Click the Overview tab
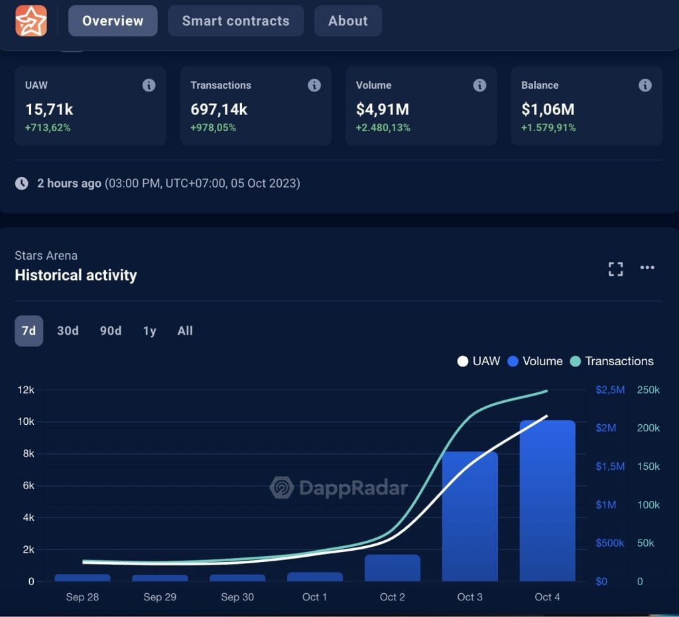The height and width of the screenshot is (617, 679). (x=113, y=21)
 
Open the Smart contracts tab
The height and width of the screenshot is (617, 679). (x=235, y=21)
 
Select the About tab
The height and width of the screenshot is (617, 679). (x=347, y=21)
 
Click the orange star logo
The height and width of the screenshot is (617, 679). (x=31, y=21)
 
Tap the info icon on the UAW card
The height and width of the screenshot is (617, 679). (x=149, y=85)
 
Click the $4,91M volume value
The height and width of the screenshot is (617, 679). (x=382, y=109)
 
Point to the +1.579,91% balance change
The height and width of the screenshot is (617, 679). (x=548, y=127)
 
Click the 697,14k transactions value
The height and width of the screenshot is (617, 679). (x=219, y=109)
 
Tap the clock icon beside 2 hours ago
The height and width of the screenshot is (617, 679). (x=22, y=184)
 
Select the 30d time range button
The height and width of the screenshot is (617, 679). (x=68, y=331)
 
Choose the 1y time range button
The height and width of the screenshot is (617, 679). (x=150, y=331)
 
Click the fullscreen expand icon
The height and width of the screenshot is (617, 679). (x=615, y=268)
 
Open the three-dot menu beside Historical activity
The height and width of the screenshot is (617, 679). (x=647, y=268)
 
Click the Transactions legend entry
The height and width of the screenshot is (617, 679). (x=611, y=361)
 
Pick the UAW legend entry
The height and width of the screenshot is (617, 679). (x=479, y=361)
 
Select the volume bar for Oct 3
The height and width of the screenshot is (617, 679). (x=469, y=517)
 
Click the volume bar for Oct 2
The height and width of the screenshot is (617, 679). (x=393, y=569)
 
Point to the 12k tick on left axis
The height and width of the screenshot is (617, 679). (x=26, y=390)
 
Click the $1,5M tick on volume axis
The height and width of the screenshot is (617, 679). (x=610, y=467)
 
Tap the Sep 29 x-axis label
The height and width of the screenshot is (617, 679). (x=160, y=597)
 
